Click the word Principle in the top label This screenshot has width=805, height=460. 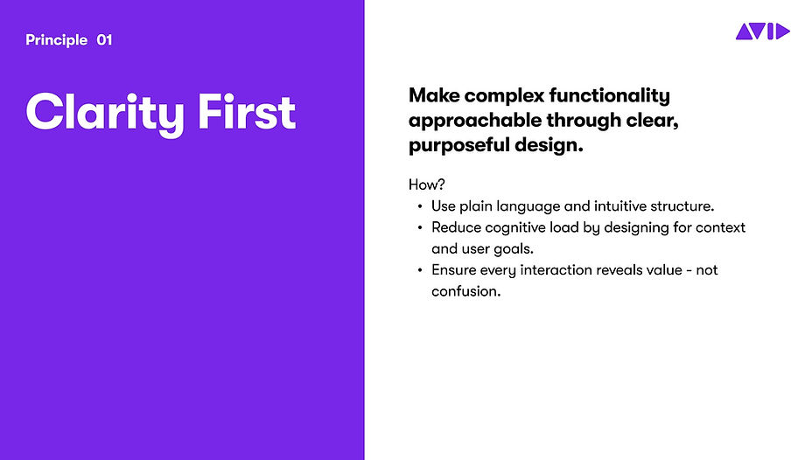click(57, 40)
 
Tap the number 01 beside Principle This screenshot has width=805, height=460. click(104, 40)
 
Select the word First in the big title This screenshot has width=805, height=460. click(246, 113)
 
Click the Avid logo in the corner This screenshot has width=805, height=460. click(762, 32)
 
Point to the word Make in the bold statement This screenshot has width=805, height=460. click(433, 95)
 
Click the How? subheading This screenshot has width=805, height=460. click(427, 185)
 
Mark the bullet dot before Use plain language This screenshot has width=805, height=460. click(420, 207)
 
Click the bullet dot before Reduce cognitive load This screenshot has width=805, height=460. click(420, 228)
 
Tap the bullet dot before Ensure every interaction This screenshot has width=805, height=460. click(420, 271)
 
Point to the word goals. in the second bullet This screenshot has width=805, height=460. click(514, 249)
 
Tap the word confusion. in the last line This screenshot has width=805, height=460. click(465, 291)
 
